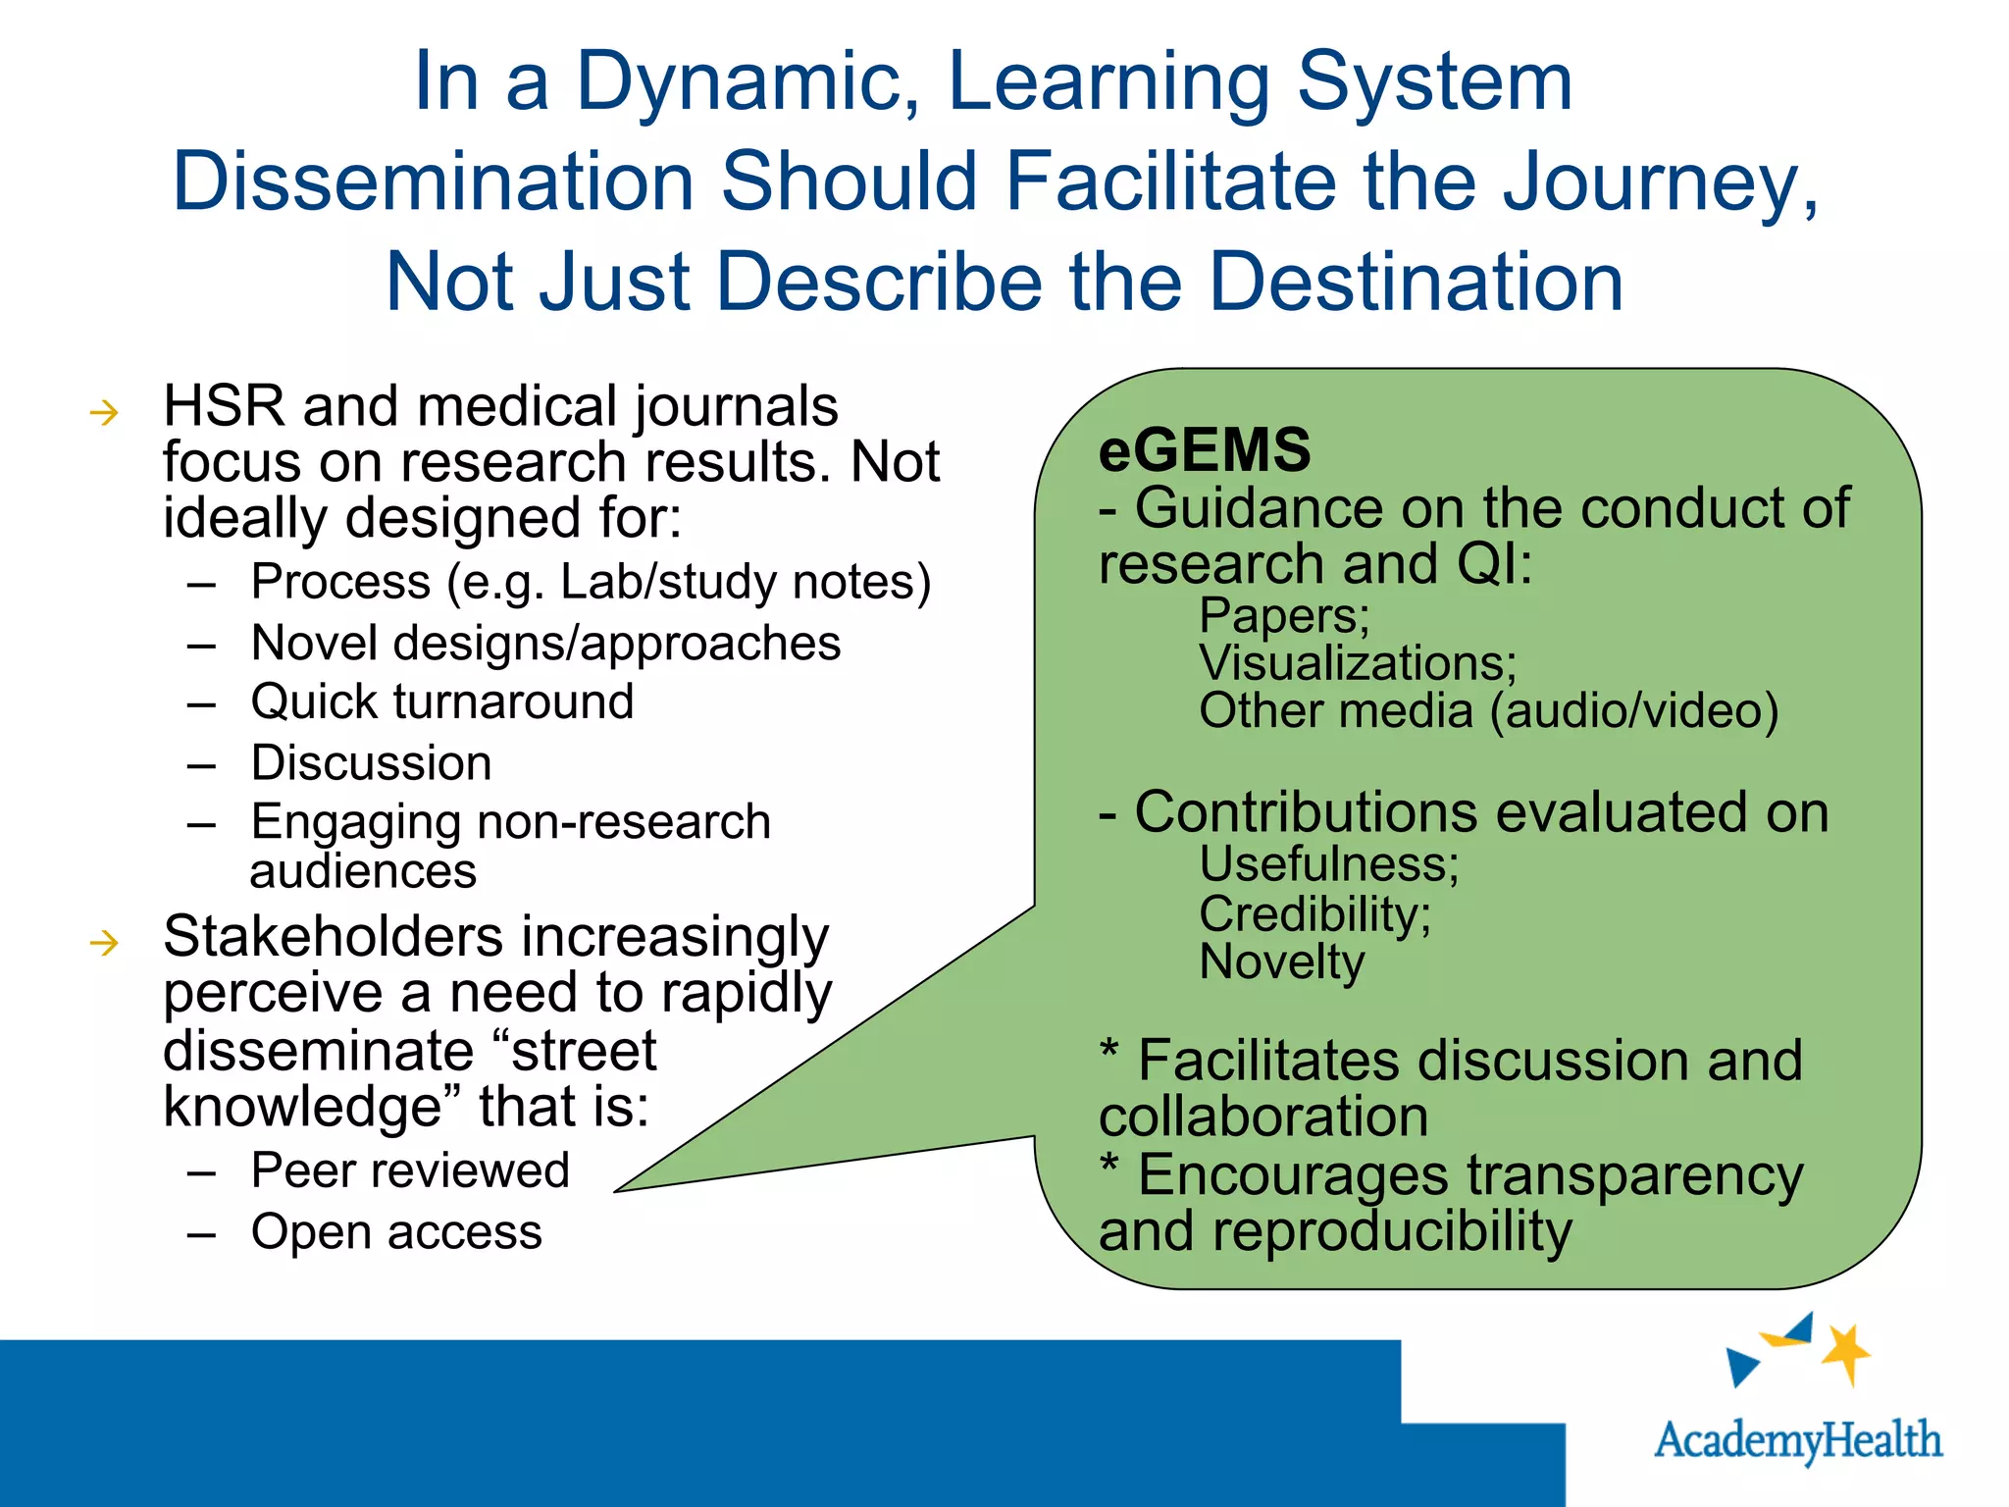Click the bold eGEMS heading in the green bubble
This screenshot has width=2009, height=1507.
pos(1204,449)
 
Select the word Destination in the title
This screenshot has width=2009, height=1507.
pos(1416,283)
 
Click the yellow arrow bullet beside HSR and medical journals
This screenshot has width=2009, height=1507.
pos(104,413)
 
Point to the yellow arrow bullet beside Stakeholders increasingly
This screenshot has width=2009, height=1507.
pos(104,944)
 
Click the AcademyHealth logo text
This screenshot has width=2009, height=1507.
pos(1797,1440)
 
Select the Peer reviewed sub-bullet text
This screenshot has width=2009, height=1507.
pos(410,1170)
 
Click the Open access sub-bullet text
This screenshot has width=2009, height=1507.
pos(396,1231)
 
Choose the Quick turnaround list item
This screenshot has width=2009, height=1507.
pos(442,702)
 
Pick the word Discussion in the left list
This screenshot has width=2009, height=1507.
pos(371,763)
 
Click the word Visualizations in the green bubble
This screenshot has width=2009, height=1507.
pos(1357,663)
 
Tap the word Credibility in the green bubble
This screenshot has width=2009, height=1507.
pos(1314,914)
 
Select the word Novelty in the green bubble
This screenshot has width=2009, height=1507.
pos(1281,962)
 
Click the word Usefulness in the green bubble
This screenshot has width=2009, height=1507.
pos(1328,864)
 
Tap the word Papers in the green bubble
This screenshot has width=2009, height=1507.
pos(1283,616)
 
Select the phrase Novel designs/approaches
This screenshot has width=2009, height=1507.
pos(545,644)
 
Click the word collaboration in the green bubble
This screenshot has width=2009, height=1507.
pos(1262,1117)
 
